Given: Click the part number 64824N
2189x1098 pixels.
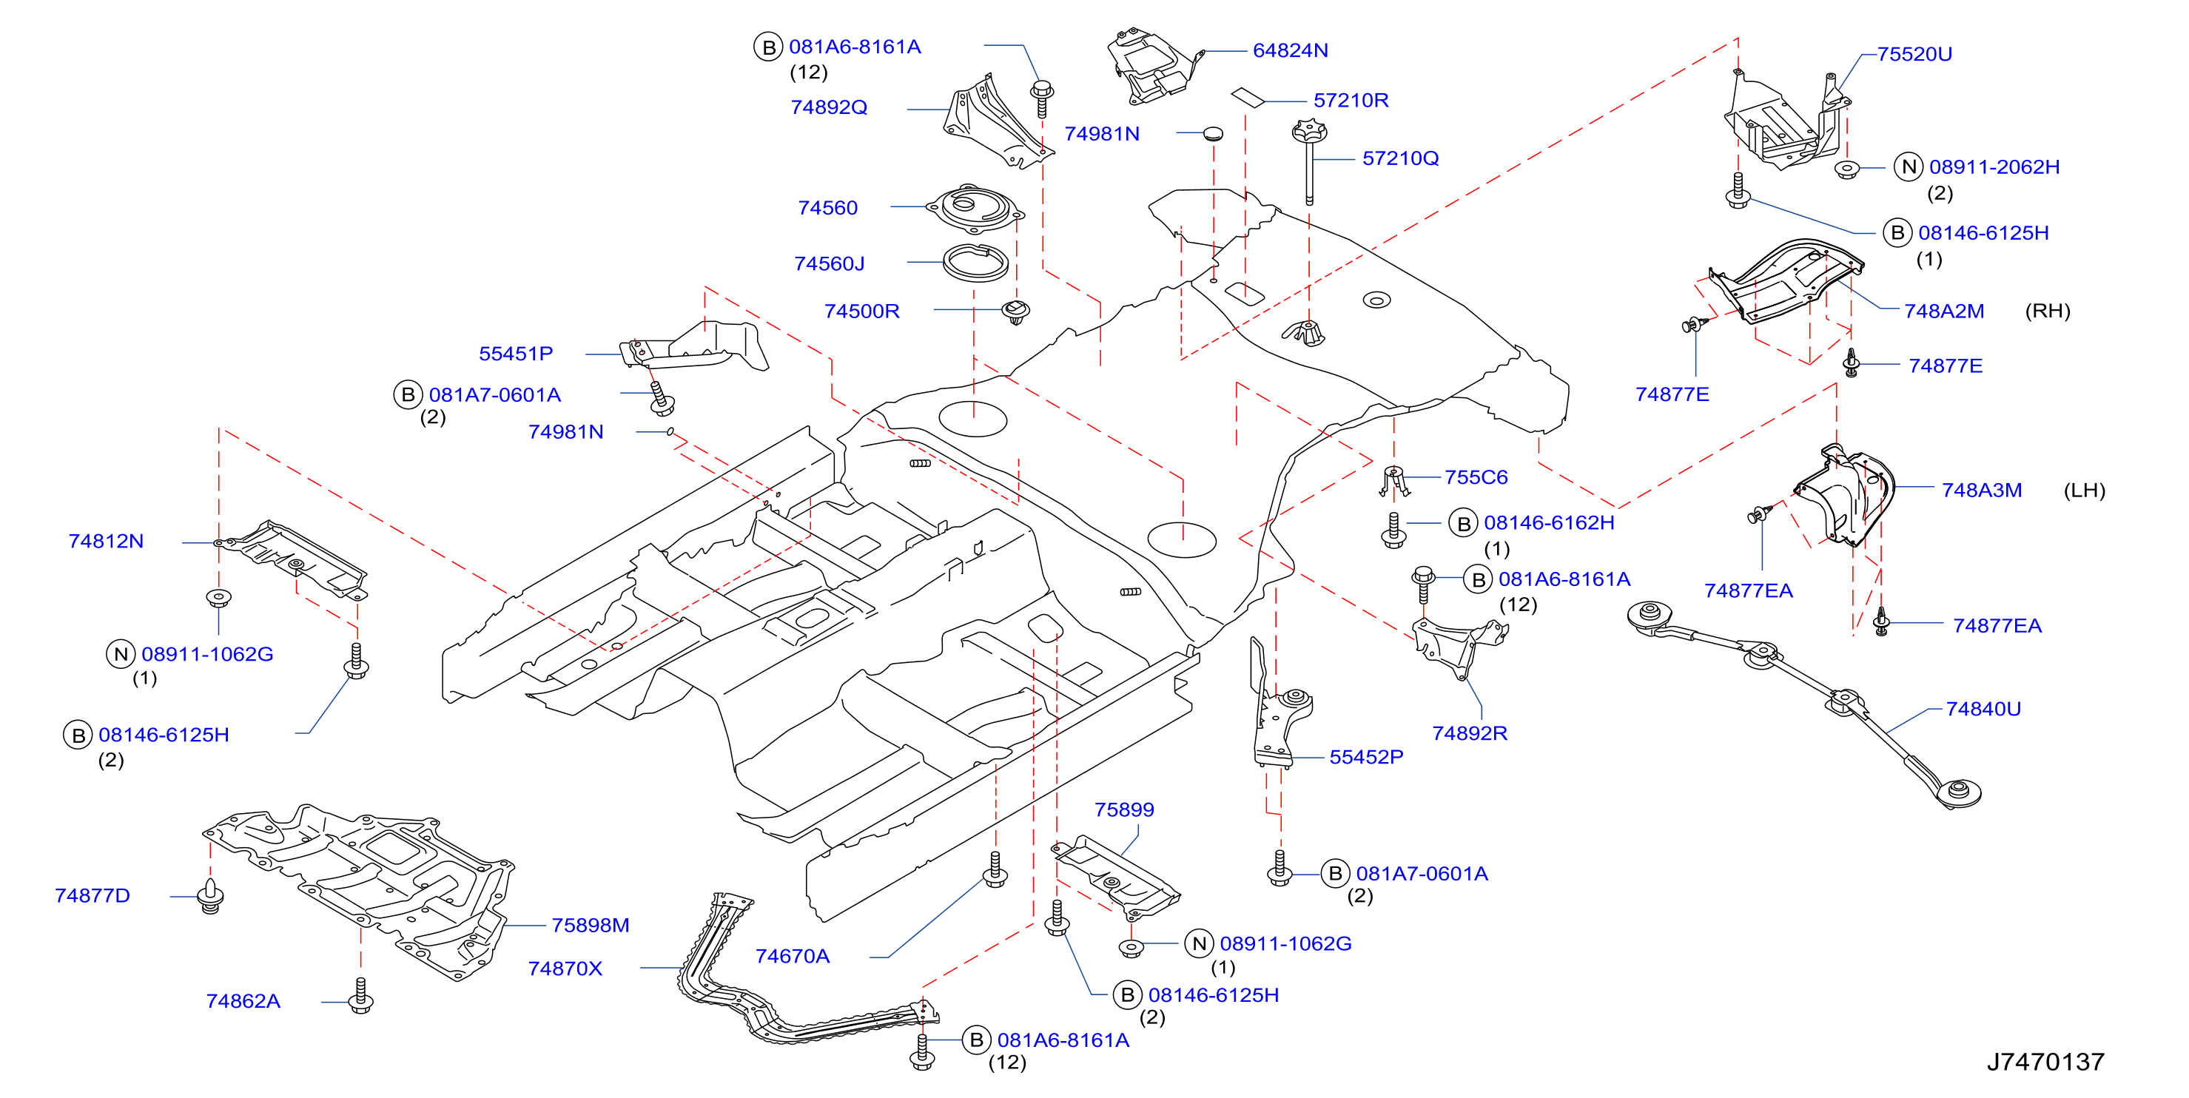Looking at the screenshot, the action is click(x=1290, y=51).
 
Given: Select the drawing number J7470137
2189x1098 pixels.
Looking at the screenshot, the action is click(x=2045, y=1062).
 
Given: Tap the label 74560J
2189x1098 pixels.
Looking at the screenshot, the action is click(x=830, y=263).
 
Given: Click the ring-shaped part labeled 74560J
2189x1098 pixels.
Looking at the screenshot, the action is click(x=975, y=264).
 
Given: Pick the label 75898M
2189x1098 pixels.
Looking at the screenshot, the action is click(x=591, y=926).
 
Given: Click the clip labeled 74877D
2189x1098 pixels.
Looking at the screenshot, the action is click(x=210, y=897).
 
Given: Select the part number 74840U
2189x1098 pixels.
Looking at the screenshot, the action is click(x=1983, y=709).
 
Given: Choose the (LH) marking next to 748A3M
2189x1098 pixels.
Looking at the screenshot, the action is click(x=2085, y=491).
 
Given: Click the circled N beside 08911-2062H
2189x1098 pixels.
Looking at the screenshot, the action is click(x=1909, y=166).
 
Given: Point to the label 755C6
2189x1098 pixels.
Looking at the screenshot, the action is click(x=1476, y=478).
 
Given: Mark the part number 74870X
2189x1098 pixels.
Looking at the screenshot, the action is click(x=565, y=969).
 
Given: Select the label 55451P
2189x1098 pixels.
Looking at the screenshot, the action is click(x=516, y=354).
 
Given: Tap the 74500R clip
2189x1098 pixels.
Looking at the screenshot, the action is click(x=1015, y=311).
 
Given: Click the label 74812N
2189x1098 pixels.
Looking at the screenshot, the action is click(x=107, y=542).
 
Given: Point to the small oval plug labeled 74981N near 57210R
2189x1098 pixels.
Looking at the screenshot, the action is click(x=1213, y=133).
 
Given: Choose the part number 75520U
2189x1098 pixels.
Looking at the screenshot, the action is click(x=1914, y=55).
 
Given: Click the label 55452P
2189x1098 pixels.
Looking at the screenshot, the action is click(x=1366, y=757).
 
